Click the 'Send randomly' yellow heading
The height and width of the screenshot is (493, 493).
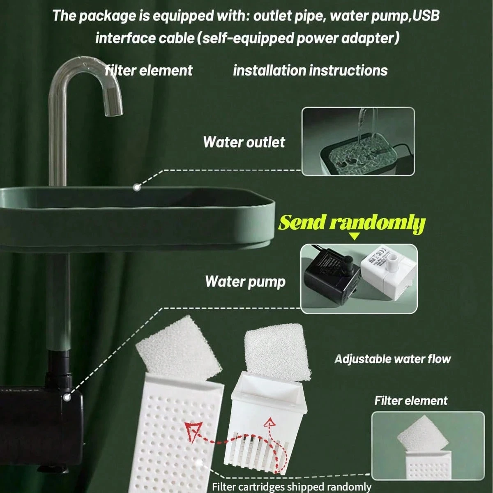(x=352, y=223)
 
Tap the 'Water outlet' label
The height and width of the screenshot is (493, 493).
(x=244, y=142)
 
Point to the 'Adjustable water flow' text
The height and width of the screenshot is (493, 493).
(x=392, y=359)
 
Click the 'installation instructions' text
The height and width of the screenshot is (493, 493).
(x=310, y=70)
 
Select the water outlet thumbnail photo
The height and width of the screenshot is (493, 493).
(x=358, y=141)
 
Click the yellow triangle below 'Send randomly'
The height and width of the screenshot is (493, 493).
(x=354, y=236)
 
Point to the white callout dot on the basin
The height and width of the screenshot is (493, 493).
(x=137, y=187)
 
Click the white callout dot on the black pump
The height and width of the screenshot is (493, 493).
(x=67, y=397)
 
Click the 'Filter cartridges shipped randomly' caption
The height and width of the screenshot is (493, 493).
(x=291, y=486)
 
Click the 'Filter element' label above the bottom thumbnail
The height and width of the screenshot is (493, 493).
(x=411, y=401)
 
